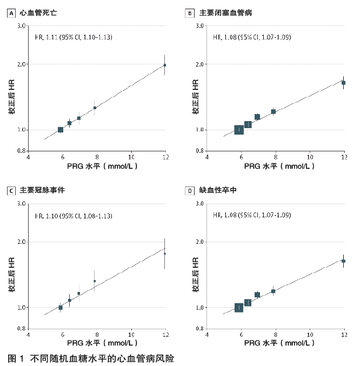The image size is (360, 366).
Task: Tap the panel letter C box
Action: tap(11, 190)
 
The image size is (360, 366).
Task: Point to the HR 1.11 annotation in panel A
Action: tap(73, 37)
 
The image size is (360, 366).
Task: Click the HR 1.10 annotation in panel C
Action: tap(73, 216)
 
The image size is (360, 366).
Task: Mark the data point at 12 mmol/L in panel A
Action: tap(165, 65)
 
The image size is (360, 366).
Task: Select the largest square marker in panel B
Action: tap(239, 130)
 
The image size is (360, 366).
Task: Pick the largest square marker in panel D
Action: tap(239, 308)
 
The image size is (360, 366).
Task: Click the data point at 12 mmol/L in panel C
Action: tap(165, 254)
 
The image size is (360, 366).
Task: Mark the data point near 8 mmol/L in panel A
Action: tap(95, 108)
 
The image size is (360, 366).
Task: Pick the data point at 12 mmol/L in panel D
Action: tap(343, 261)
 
